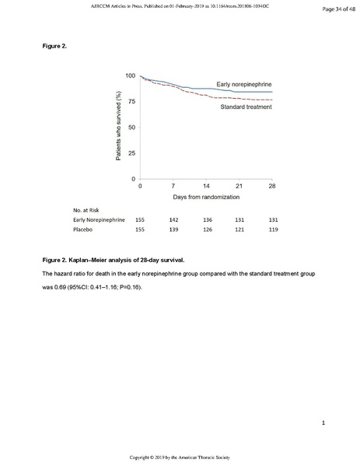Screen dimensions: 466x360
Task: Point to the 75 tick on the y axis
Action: pos(131,101)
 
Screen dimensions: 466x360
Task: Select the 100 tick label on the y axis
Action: pos(130,75)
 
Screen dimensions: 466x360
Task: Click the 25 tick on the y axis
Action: pos(131,153)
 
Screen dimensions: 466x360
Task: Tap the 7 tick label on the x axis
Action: pos(173,187)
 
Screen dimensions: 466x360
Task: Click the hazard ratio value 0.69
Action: pos(50,287)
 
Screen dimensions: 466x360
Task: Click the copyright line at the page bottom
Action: pos(180,457)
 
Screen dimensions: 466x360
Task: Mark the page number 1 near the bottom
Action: pos(321,422)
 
